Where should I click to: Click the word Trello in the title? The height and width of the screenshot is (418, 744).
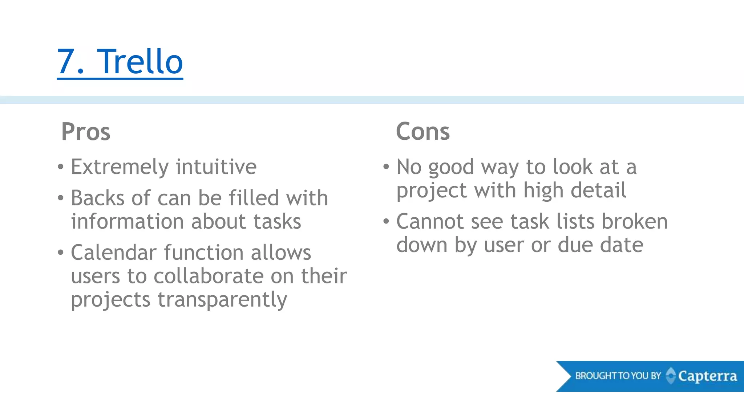[x=141, y=62]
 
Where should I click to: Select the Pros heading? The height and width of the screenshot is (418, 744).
[x=86, y=131]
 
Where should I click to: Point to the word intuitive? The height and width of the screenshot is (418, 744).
[x=216, y=167]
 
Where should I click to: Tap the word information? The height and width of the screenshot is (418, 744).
[x=128, y=221]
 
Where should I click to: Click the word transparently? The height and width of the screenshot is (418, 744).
[x=222, y=300]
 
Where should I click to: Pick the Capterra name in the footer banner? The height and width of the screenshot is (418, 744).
[x=707, y=376]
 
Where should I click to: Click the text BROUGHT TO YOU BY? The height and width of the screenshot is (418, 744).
[x=618, y=376]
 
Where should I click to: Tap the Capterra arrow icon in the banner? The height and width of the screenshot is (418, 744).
[x=671, y=376]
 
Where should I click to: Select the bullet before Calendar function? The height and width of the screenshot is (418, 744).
[x=61, y=252]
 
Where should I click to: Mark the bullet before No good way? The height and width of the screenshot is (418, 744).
[x=386, y=167]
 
